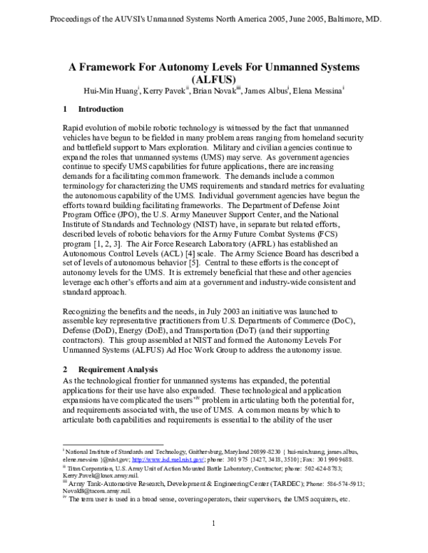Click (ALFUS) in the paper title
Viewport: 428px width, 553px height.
point(214,80)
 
